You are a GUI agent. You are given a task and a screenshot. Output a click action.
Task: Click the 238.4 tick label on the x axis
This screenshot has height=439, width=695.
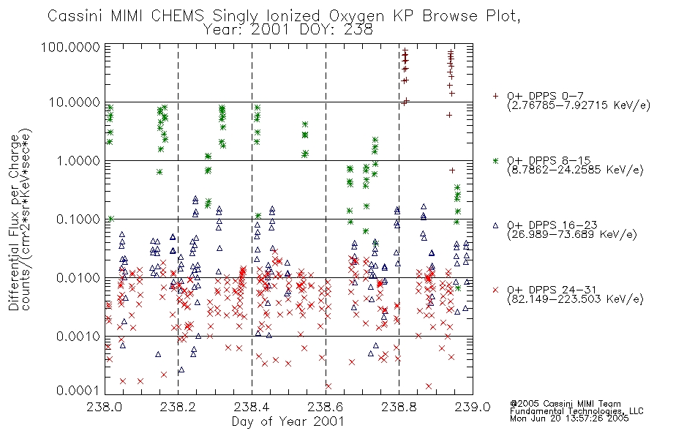tap(252, 407)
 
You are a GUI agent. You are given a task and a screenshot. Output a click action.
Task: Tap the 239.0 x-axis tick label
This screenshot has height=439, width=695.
tap(473, 407)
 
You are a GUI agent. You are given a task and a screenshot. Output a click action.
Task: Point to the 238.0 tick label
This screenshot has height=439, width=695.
tap(105, 407)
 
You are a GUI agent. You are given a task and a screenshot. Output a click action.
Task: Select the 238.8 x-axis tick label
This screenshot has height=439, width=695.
tap(399, 407)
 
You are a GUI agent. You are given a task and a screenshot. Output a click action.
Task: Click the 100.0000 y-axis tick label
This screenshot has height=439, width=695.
tap(72, 47)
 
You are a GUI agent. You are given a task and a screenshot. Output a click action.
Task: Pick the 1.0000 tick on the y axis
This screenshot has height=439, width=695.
tap(78, 160)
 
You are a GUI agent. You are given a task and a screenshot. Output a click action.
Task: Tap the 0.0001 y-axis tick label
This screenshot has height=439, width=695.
tap(78, 390)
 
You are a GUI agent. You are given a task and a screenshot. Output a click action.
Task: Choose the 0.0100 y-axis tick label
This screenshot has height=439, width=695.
tap(78, 278)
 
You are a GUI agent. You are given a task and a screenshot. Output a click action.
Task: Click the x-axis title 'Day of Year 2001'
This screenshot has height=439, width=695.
tap(288, 421)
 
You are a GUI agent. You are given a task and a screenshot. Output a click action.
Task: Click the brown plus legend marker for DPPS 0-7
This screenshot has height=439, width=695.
tap(495, 96)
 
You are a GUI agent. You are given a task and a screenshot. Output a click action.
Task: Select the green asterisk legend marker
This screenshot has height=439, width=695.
tap(495, 160)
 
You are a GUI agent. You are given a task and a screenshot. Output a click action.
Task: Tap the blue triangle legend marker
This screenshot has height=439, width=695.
tap(495, 225)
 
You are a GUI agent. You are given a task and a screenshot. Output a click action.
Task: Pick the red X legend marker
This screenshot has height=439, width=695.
tap(495, 290)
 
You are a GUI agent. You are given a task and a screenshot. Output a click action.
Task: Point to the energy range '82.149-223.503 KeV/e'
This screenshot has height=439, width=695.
tap(575, 299)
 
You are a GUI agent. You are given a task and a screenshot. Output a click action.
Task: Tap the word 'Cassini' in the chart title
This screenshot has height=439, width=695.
tap(76, 16)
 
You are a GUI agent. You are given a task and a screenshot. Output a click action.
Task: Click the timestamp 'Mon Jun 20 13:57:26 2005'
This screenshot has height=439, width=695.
tap(569, 419)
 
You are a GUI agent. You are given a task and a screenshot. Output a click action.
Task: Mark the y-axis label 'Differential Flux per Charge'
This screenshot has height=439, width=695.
tap(15, 222)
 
